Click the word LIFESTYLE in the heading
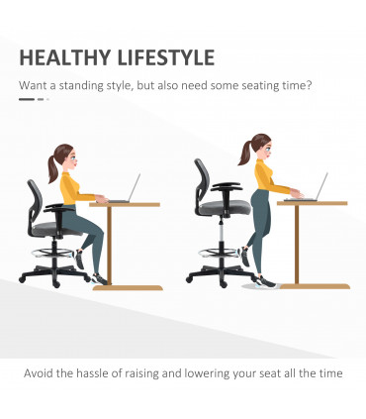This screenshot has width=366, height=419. point(161,56)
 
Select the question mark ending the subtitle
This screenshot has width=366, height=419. point(311,84)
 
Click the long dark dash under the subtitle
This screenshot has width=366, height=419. point(27,99)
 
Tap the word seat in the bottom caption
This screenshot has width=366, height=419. point(267,374)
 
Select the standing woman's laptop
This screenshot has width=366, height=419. point(318,187)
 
